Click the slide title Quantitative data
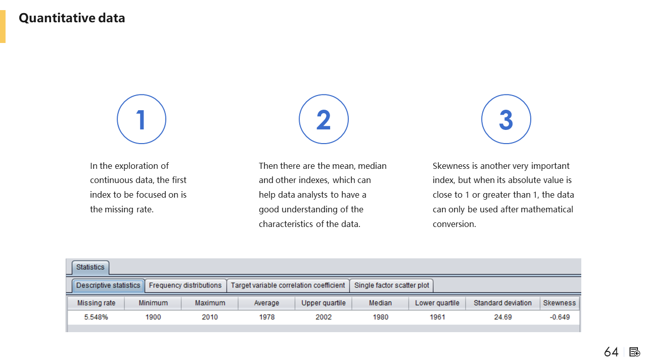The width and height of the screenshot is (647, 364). pyautogui.click(x=72, y=18)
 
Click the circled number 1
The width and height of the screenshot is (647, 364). pyautogui.click(x=142, y=119)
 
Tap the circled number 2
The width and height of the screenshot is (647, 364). pyautogui.click(x=323, y=119)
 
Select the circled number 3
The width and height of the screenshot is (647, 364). pyautogui.click(x=506, y=119)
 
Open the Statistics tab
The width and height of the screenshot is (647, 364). pyautogui.click(x=90, y=267)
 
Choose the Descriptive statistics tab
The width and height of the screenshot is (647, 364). pyautogui.click(x=108, y=286)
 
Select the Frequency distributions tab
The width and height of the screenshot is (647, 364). pyautogui.click(x=186, y=286)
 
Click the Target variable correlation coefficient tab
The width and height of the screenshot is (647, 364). pyautogui.click(x=288, y=286)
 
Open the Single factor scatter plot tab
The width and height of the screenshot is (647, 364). pyautogui.click(x=392, y=286)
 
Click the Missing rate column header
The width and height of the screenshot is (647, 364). pyautogui.click(x=96, y=303)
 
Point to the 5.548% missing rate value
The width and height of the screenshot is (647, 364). pyautogui.click(x=96, y=317)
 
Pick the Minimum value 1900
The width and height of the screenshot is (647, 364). pyautogui.click(x=153, y=317)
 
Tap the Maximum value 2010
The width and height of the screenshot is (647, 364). pyautogui.click(x=210, y=317)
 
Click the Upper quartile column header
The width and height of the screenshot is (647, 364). pyautogui.click(x=323, y=303)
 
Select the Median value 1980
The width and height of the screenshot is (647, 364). pyautogui.click(x=381, y=317)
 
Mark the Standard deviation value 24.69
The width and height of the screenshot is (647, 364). pyautogui.click(x=503, y=317)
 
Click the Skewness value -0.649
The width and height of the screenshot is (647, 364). pyautogui.click(x=560, y=317)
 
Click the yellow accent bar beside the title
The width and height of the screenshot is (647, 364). pyautogui.click(x=3, y=27)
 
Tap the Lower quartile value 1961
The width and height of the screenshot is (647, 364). pyautogui.click(x=437, y=317)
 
